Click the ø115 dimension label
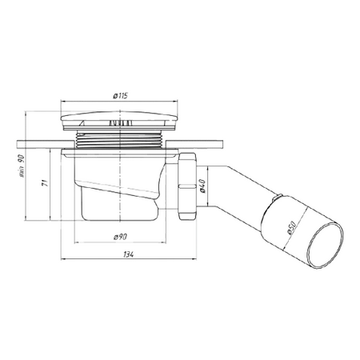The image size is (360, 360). (x=120, y=95)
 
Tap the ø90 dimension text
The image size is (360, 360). (x=120, y=237)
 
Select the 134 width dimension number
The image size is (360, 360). (x=129, y=254)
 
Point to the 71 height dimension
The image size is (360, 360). (x=46, y=183)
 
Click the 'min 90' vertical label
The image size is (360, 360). (x=21, y=166)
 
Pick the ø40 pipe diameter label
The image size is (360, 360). (x=202, y=186)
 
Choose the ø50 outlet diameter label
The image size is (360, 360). (x=292, y=228)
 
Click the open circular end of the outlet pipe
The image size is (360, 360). (x=325, y=245)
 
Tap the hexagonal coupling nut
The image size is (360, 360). (x=188, y=186)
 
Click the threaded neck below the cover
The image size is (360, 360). (x=120, y=139)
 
